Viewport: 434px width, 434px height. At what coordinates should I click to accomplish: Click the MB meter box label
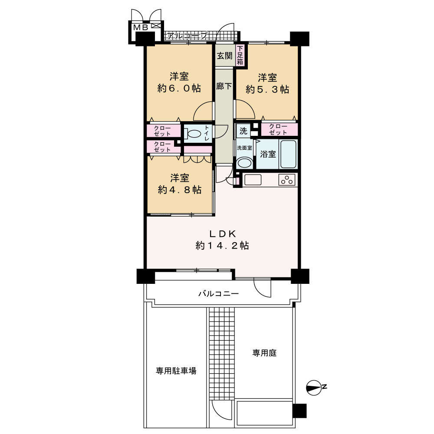pos(141,27)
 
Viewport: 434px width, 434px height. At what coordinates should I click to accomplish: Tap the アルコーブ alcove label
pos(187,36)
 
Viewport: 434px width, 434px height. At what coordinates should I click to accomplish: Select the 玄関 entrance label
pos(224,56)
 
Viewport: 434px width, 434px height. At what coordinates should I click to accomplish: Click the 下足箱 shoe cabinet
pos(240,55)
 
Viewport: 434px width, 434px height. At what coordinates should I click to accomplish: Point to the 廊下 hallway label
pos(224,86)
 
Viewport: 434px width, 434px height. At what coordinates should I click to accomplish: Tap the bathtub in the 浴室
pos(288,154)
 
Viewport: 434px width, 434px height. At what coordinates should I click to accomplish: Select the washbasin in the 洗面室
pos(244,163)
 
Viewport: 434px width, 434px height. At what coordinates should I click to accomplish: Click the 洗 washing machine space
pos(243,131)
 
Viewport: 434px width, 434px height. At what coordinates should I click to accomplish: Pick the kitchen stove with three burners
pos(287,180)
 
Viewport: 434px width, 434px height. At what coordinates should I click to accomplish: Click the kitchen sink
pos(253,180)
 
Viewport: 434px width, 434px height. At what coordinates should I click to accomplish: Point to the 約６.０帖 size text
pos(179,89)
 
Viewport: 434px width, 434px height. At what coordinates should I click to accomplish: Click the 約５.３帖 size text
pos(267,90)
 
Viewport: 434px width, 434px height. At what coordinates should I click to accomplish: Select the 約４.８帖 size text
pos(180,190)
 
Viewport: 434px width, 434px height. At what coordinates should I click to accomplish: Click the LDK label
pos(223,234)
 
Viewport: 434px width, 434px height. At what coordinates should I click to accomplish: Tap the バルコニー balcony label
pos(218,294)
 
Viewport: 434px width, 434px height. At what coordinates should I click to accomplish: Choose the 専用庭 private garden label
pos(264,353)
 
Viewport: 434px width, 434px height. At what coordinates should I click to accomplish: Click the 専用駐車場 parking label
pos(176,371)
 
